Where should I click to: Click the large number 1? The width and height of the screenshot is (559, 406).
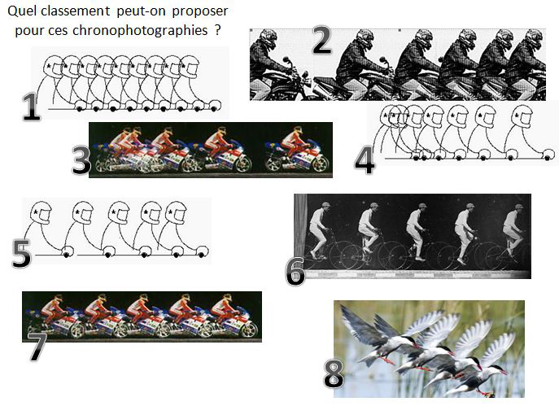pos(31,106)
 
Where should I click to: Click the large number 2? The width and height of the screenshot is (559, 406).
pos(321,40)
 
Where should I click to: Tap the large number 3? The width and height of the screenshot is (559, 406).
pos(81,160)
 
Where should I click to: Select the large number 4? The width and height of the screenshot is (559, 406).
pos(365,159)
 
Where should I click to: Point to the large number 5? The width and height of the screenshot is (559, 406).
pos(22,253)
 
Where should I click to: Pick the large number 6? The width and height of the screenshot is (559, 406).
pos(295,271)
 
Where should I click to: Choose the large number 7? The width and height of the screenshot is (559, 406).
pos(37,347)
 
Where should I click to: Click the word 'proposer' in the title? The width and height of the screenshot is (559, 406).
pos(199,13)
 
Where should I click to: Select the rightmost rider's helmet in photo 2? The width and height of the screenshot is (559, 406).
pos(535,41)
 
